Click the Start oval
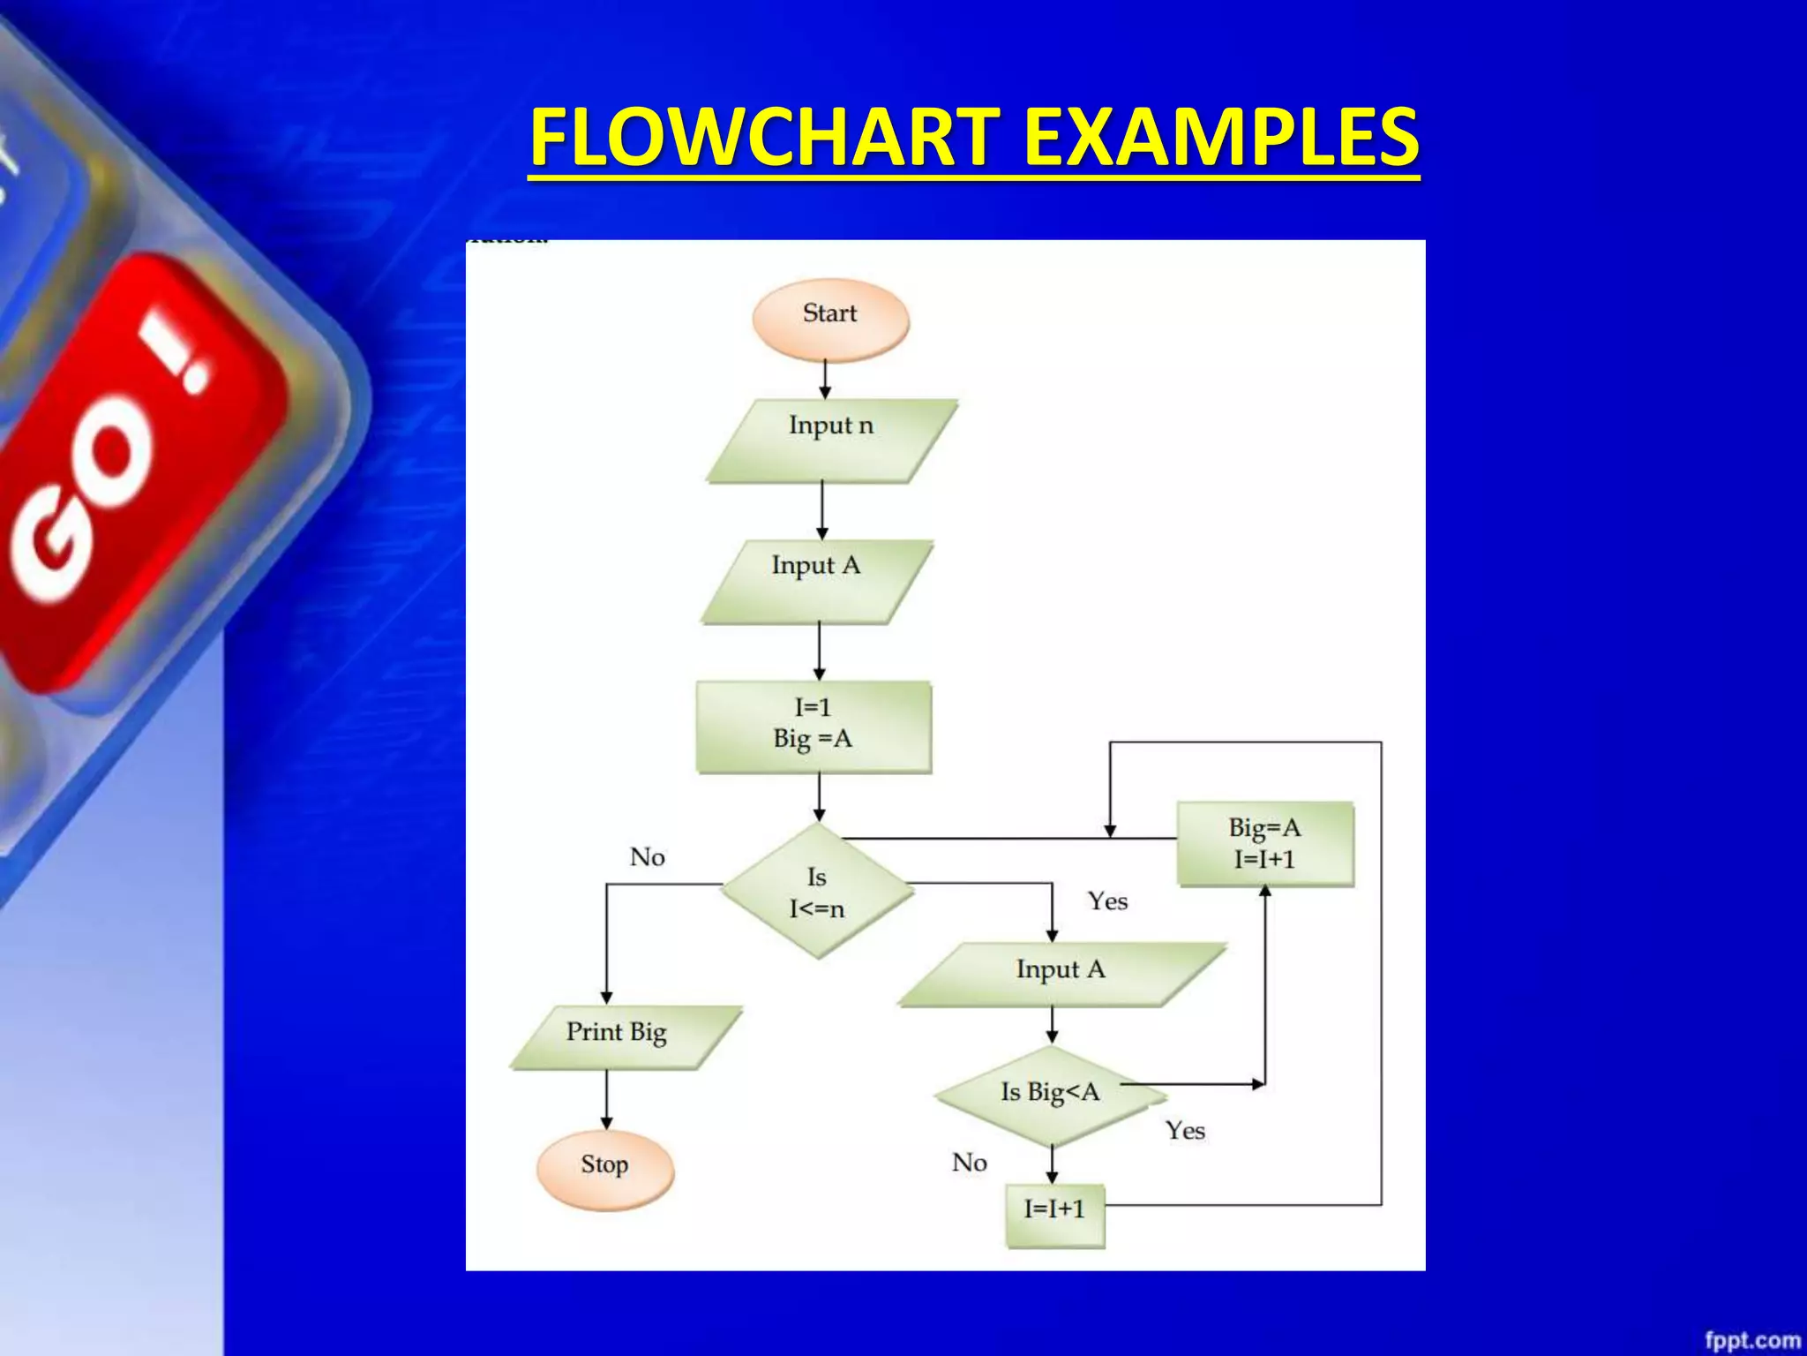coord(830,318)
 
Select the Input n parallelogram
coord(831,440)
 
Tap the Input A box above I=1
coord(817,580)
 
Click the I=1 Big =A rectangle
coord(814,726)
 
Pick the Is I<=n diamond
coord(817,891)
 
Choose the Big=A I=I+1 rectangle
coord(1264,843)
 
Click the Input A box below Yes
coord(1061,973)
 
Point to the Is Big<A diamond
coord(1050,1095)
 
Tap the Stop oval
coord(605,1168)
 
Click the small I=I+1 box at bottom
coord(1054,1213)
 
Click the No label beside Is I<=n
coord(647,856)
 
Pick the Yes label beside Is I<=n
coord(1107,900)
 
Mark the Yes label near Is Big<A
coord(1184,1130)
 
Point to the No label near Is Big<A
coord(969,1162)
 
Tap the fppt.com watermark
coord(1751,1339)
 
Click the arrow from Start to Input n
coord(825,380)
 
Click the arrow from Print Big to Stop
coord(606,1099)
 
